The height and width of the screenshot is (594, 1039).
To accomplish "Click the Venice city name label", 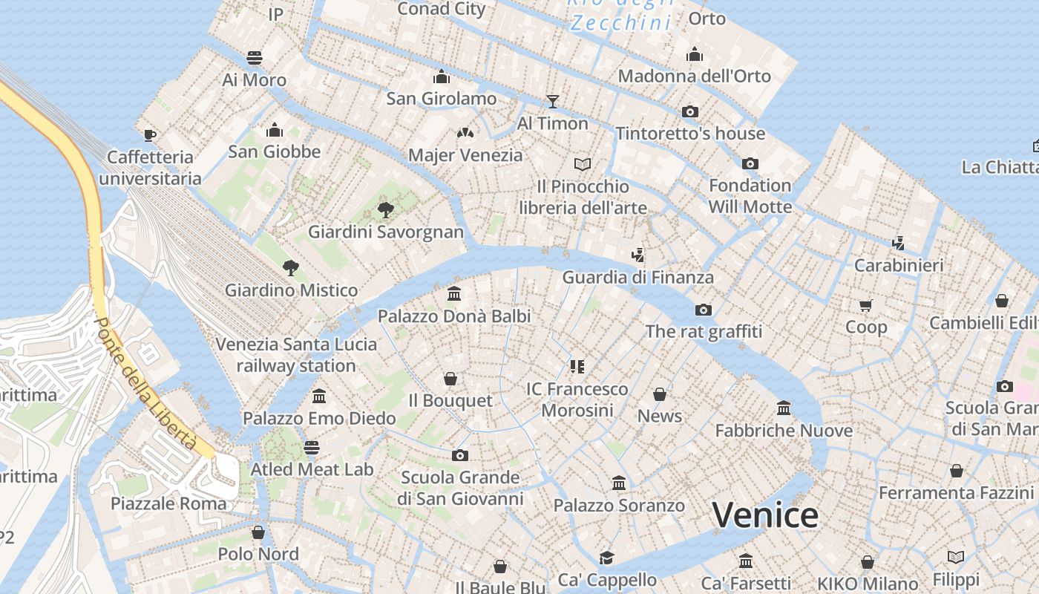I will click(x=765, y=515).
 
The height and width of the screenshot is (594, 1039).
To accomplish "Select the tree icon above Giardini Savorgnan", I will click(x=385, y=209).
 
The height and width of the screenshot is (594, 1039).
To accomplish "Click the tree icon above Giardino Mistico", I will click(x=291, y=267).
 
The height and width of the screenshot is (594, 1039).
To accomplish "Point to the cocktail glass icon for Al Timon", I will click(x=552, y=101).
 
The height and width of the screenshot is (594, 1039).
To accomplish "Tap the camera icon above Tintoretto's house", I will click(x=690, y=111).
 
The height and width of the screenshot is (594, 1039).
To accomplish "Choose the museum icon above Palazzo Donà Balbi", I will click(x=454, y=294).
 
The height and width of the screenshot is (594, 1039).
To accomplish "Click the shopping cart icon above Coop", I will click(x=865, y=305).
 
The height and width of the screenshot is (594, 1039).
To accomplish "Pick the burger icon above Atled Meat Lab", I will click(x=312, y=448).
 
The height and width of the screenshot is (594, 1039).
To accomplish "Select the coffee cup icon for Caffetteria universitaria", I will click(x=150, y=135).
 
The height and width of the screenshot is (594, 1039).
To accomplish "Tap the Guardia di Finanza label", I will click(x=638, y=278).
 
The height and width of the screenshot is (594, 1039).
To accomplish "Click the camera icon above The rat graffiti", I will click(x=703, y=310).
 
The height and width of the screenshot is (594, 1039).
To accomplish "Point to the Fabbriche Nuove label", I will click(x=784, y=431).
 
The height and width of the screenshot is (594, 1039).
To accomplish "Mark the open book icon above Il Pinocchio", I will click(x=583, y=164).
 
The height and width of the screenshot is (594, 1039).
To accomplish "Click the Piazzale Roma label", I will click(x=168, y=503).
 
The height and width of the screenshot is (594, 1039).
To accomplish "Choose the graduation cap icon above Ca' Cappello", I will click(x=607, y=558).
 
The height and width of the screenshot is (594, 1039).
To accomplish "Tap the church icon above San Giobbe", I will click(x=275, y=130).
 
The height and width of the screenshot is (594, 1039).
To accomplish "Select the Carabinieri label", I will click(x=899, y=265).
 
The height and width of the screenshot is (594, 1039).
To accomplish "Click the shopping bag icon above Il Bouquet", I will click(x=450, y=379).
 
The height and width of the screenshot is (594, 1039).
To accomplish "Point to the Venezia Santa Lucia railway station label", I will click(x=296, y=355).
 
